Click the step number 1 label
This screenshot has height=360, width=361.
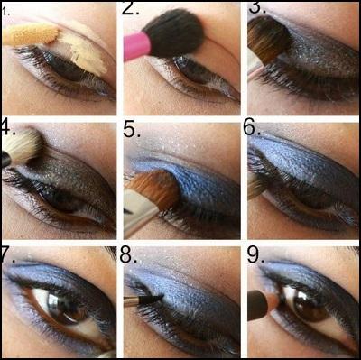pos(5,12)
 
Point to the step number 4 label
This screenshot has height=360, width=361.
pos(9,126)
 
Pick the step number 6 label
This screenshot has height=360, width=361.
pos(255,129)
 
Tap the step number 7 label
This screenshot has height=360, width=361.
pos(9,252)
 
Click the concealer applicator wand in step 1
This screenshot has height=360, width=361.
pos(27,35)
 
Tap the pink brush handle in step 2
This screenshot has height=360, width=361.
pos(135,46)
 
